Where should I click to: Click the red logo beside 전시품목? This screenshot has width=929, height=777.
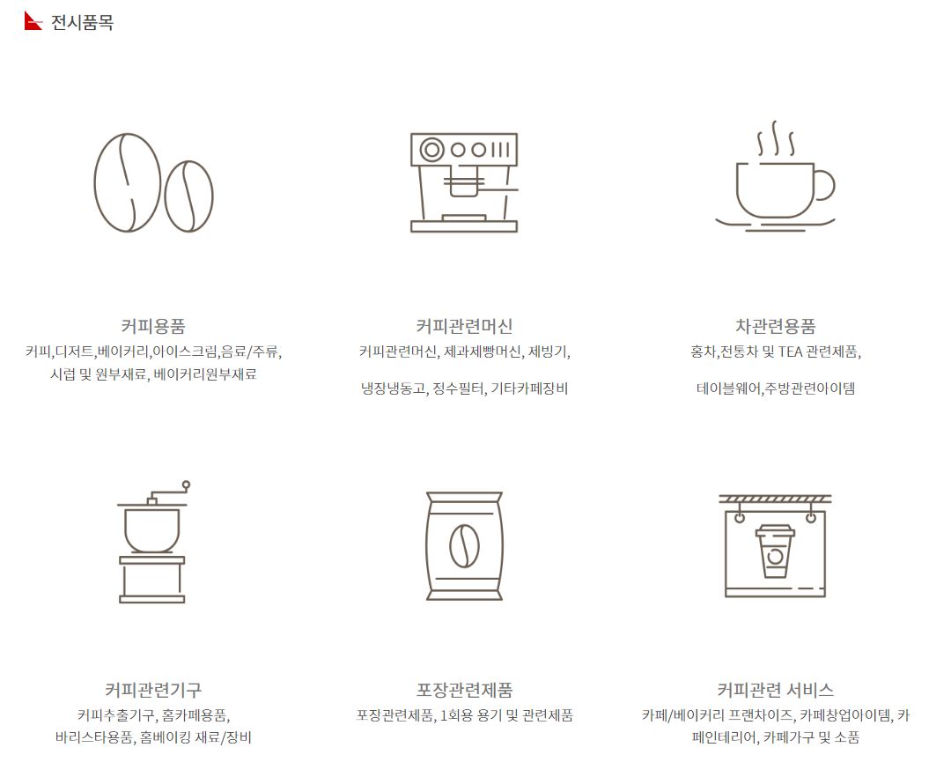33,21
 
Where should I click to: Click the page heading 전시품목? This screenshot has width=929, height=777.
82,23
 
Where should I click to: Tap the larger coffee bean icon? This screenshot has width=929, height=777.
128,182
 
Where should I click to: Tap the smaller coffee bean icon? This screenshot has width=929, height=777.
188,196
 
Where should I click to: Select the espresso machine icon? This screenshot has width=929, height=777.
464,182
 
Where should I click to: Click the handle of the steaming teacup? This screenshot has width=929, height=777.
824,186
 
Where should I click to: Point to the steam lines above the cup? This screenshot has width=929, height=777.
776,138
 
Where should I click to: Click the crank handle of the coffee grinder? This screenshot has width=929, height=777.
168,491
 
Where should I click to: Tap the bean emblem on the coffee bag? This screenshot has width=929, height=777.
464,546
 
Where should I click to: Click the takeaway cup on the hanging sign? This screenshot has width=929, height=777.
775,551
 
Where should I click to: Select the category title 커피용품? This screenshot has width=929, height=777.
153,326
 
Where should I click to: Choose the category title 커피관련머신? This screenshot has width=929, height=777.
464,326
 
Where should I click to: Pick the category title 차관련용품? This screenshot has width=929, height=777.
775,326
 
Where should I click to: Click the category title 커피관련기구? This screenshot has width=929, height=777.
153,690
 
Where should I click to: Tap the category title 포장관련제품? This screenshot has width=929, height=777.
464,690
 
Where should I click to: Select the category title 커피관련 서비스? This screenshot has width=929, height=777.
775,690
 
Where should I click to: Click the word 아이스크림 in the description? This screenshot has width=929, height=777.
184,352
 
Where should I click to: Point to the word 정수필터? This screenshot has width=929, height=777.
458,388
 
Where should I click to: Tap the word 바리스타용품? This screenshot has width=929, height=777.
94,737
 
